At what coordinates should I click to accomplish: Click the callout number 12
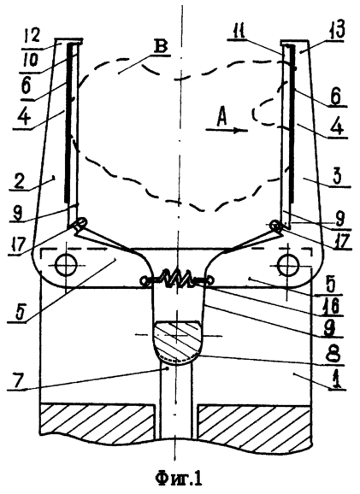coord(31,36)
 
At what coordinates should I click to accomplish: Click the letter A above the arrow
coord(223,119)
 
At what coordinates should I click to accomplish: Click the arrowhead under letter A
coord(241,130)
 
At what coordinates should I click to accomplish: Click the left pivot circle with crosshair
coord(66,265)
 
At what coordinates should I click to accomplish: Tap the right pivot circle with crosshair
coord(287,264)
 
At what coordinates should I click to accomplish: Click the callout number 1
coord(336,379)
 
